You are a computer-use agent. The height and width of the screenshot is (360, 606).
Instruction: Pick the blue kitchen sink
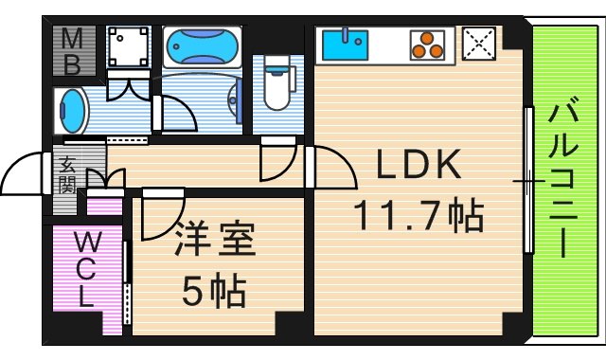pos(347,44)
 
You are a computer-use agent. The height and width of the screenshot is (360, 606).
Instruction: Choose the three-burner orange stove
pos(427,44)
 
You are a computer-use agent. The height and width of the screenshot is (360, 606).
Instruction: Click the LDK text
pos(419,168)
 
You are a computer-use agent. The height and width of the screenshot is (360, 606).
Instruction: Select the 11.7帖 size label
pos(419,216)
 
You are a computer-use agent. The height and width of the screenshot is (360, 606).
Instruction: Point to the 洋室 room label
pos(215,240)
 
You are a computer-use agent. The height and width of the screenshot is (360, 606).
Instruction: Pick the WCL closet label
pos(84,268)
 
